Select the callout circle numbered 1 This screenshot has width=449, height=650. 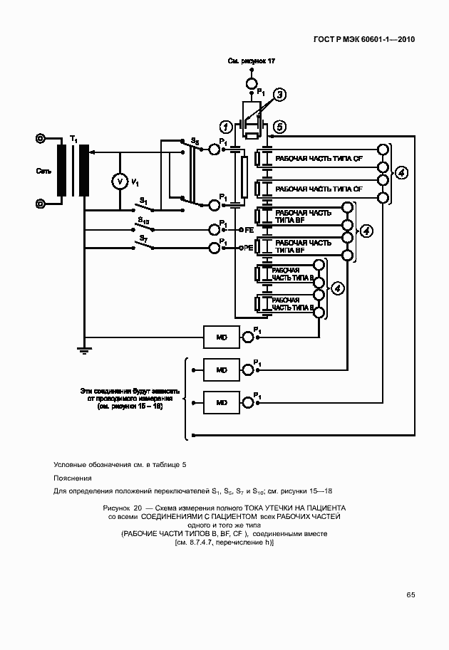point(225,127)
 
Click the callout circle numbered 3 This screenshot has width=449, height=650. point(280,94)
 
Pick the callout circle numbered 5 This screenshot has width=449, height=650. point(279,127)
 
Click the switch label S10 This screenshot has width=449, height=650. point(143,221)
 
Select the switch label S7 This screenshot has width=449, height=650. point(144,238)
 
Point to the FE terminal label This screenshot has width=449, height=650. point(249,230)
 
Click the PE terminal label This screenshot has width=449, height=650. point(249,248)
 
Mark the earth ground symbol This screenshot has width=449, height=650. point(83,349)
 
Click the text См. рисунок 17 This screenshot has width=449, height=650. point(251,62)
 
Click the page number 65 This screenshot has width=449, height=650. point(411,594)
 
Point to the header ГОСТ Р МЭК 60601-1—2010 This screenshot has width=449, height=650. point(364,40)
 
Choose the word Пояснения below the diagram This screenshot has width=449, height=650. point(72,478)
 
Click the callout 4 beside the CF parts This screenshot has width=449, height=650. point(403,173)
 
